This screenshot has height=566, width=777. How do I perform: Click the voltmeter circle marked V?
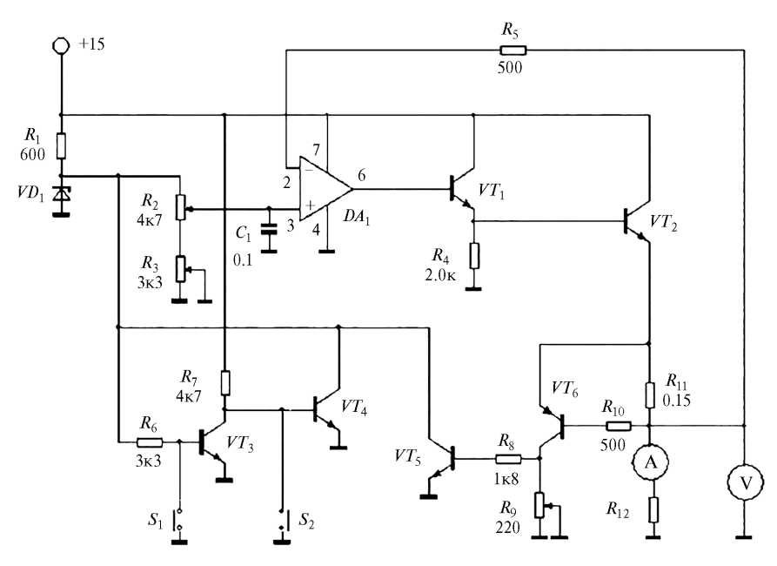(x=744, y=481)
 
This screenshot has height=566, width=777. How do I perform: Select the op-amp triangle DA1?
(x=324, y=188)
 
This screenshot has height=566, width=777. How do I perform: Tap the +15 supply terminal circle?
(x=61, y=44)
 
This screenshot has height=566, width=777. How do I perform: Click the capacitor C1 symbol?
(x=269, y=228)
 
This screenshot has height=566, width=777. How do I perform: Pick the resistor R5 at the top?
(x=512, y=50)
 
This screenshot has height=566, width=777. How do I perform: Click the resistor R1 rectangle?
(x=61, y=145)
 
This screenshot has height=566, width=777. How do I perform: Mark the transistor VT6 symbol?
(x=553, y=426)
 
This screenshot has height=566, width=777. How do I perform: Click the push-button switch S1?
(x=178, y=521)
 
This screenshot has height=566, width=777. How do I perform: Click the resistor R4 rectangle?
(x=473, y=255)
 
